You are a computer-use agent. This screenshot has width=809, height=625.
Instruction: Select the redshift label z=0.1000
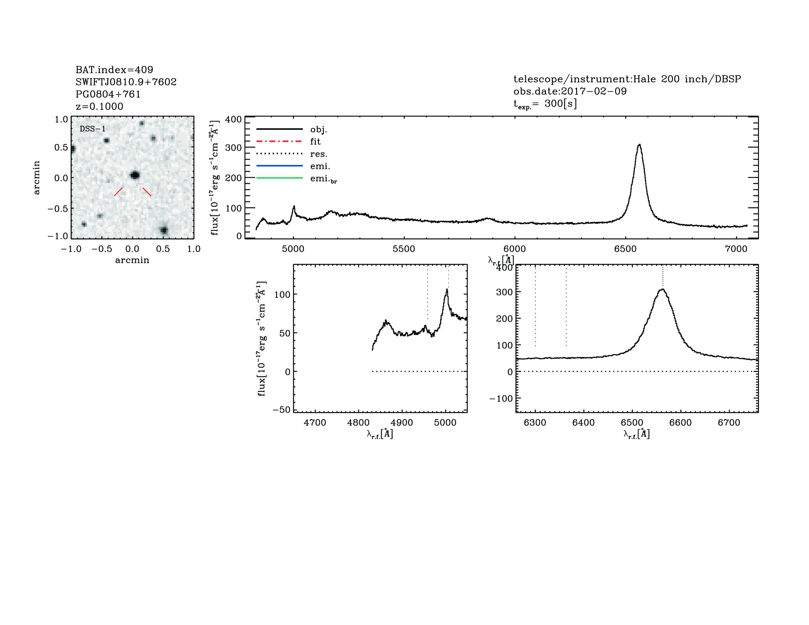[99, 107]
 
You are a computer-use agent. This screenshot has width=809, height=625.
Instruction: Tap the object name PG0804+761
[108, 94]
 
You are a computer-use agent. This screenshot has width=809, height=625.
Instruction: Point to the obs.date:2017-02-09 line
[570, 91]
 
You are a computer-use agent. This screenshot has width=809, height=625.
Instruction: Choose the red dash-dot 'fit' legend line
[279, 141]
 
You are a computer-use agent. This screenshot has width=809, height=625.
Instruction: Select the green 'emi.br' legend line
[279, 178]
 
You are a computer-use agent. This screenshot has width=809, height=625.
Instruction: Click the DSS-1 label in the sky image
[93, 129]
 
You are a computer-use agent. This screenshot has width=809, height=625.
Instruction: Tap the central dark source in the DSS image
[135, 175]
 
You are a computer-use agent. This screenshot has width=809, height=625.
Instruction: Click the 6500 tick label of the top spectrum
[625, 249]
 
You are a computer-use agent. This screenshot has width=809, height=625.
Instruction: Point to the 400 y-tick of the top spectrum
[233, 119]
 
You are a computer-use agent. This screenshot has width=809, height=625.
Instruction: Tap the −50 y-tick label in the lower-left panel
[281, 410]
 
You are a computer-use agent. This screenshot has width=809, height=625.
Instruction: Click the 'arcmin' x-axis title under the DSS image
[132, 260]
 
